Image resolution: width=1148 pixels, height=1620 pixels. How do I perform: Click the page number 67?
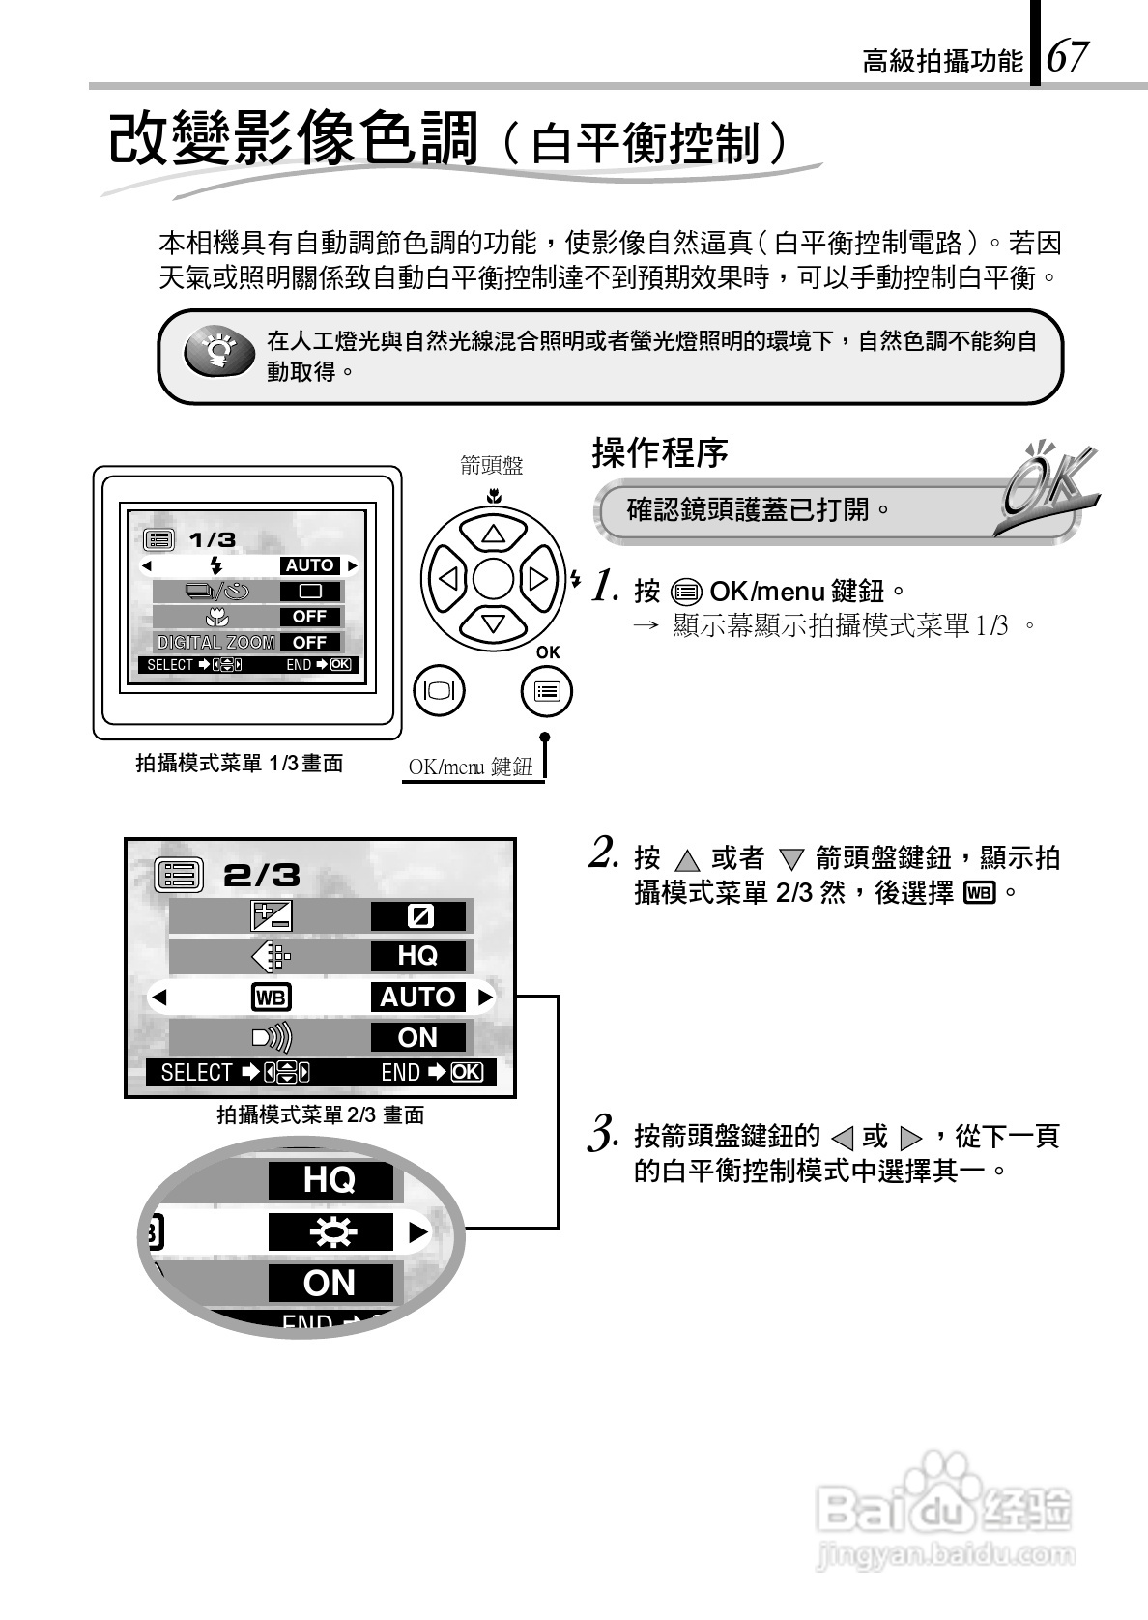(1067, 57)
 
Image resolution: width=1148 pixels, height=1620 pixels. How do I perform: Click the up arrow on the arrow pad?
(493, 533)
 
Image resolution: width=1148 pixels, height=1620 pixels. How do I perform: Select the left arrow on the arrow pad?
(448, 579)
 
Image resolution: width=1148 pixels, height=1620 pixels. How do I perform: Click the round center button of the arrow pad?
(493, 579)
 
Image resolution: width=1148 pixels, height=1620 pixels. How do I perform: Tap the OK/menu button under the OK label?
(546, 690)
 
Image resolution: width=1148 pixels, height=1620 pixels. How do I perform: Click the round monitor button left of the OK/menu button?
(439, 690)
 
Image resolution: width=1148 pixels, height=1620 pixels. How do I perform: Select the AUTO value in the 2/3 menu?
(417, 997)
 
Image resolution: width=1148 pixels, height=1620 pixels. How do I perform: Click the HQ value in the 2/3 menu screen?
(417, 956)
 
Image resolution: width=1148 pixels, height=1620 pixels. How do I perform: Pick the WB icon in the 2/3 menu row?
(271, 997)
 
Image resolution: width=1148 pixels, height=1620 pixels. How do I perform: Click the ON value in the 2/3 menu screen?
(417, 1037)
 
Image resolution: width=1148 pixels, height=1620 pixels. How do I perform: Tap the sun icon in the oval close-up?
(330, 1232)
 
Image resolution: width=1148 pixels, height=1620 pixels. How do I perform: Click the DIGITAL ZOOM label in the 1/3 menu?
(215, 642)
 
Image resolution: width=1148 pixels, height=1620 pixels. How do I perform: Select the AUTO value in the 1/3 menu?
(309, 565)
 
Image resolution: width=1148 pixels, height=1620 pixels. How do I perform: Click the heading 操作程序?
(659, 452)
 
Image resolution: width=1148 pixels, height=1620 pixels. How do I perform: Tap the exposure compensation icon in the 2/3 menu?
(271, 915)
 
